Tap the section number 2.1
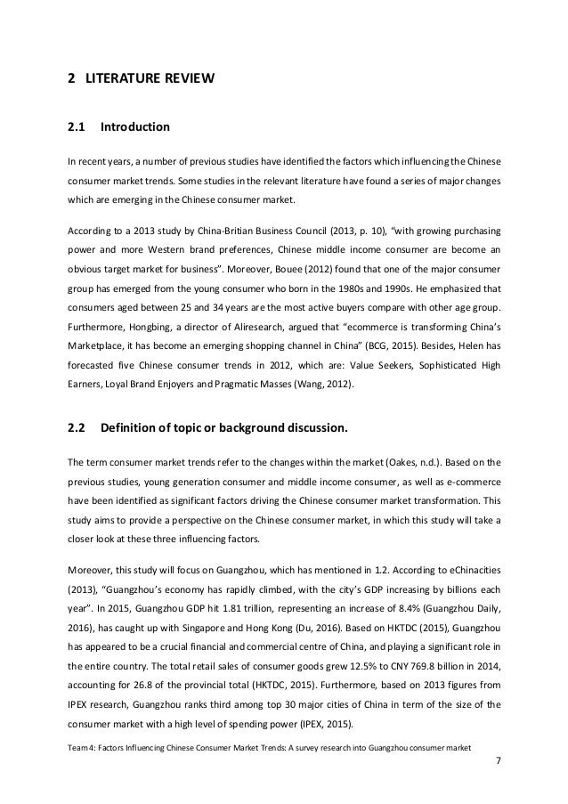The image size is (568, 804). (x=77, y=127)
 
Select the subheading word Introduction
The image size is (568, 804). (x=134, y=127)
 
